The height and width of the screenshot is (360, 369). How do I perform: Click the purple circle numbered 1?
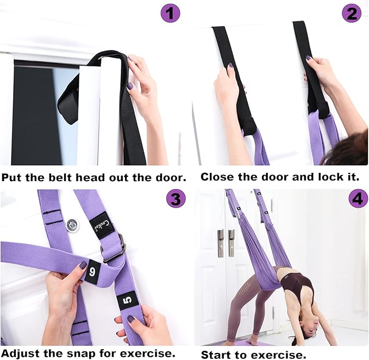click(x=170, y=13)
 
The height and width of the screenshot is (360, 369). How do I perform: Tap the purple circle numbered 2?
click(x=352, y=13)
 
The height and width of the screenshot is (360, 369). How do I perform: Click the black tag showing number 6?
click(x=91, y=270)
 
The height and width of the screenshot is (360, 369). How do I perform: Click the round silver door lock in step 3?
click(x=72, y=225)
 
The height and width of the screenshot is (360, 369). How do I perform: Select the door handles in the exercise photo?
click(x=226, y=243)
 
